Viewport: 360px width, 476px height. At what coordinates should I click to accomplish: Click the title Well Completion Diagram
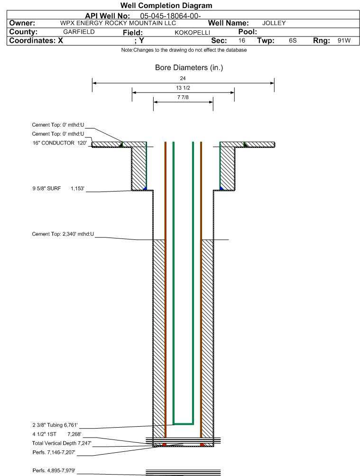tap(166, 6)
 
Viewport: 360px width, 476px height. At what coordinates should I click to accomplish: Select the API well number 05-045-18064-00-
tap(170, 16)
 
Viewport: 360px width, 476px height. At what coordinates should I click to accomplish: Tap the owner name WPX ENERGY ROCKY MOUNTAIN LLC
tap(118, 23)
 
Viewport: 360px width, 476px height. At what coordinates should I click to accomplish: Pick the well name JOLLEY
tap(274, 23)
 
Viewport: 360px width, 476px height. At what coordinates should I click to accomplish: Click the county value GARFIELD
tap(79, 32)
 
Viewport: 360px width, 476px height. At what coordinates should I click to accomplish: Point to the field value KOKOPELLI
tap(192, 33)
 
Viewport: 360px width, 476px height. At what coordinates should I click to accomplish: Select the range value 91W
tap(344, 41)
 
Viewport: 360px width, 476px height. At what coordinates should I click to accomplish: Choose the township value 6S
tap(293, 41)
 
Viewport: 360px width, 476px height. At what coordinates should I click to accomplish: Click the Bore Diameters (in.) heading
tap(189, 67)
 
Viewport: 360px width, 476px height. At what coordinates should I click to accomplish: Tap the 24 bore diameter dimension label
tap(183, 78)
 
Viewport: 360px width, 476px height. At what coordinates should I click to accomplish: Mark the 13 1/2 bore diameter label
tap(183, 88)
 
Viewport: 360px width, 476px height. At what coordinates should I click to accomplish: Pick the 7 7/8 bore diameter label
tap(183, 97)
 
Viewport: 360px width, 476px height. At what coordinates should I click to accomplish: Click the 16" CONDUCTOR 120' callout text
tap(60, 143)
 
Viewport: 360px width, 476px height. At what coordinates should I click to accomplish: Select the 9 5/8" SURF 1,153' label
tap(58, 189)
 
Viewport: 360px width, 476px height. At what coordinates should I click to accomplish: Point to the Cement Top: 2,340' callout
tap(63, 234)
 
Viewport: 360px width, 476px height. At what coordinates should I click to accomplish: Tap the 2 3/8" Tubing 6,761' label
tap(55, 425)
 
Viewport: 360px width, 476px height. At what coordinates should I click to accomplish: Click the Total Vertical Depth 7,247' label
tap(62, 443)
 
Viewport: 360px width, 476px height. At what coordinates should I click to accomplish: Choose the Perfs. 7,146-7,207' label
tap(54, 452)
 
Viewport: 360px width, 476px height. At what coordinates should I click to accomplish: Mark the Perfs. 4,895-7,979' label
tap(54, 470)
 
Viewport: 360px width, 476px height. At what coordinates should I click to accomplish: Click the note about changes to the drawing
tap(184, 50)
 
